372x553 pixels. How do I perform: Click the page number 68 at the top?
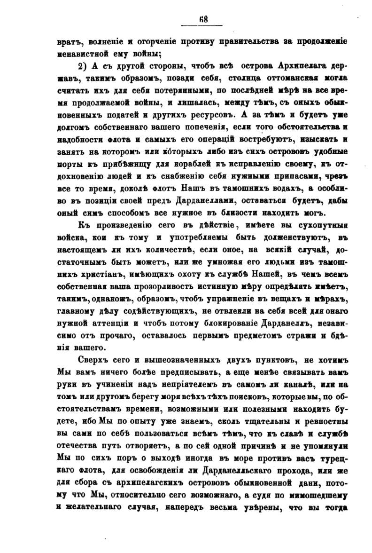(203, 19)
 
